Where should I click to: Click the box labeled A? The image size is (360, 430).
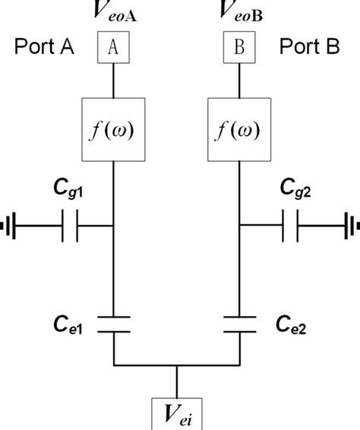(x=114, y=47)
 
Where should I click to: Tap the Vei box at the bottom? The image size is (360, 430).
(x=177, y=413)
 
